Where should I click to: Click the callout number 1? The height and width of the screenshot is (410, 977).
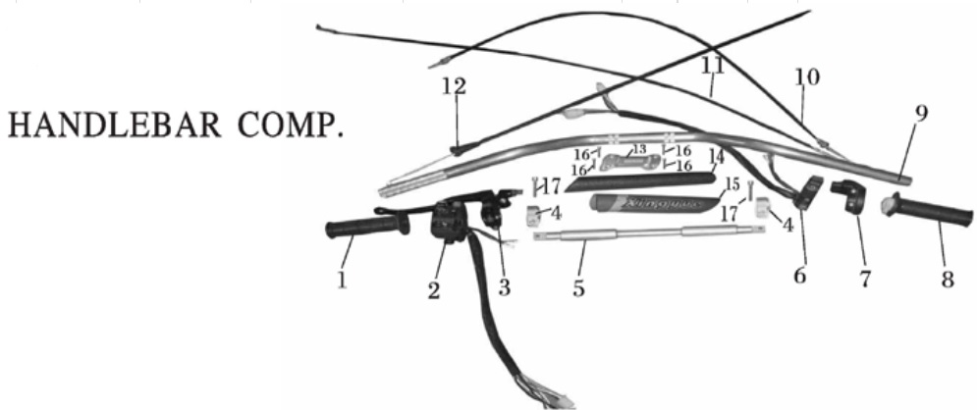tap(341, 280)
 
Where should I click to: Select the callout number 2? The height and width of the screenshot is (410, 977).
tap(433, 290)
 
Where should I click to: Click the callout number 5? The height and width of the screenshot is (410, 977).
tap(579, 288)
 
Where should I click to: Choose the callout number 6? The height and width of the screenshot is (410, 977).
tap(800, 277)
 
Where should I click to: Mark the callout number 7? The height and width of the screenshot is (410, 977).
tap(865, 279)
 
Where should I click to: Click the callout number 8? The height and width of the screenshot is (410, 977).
tap(947, 280)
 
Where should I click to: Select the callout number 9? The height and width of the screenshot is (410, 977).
tap(919, 113)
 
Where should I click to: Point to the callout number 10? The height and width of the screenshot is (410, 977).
tap(806, 77)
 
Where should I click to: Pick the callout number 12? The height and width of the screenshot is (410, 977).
tap(454, 86)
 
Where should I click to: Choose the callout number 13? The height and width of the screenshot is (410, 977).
tap(639, 149)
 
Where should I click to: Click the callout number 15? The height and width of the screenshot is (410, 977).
tap(732, 184)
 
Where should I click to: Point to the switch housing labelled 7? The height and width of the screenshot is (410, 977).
tap(846, 194)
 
